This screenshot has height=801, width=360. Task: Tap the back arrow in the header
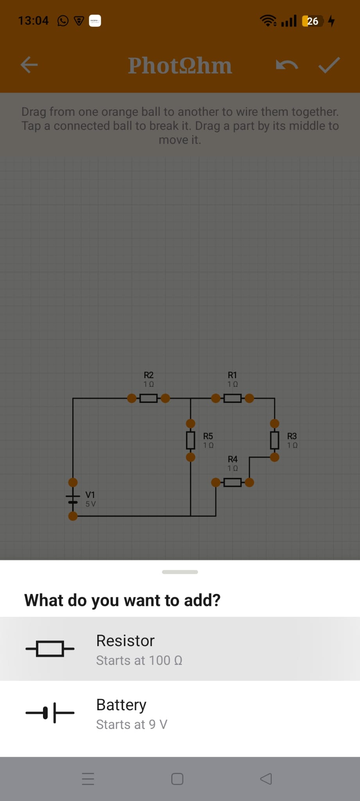click(29, 65)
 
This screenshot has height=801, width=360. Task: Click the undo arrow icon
click(287, 65)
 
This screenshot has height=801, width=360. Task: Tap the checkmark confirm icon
click(329, 65)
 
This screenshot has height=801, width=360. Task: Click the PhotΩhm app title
click(180, 65)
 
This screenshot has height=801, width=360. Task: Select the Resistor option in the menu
click(180, 649)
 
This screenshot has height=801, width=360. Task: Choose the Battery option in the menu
click(180, 713)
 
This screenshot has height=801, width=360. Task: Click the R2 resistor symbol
click(149, 399)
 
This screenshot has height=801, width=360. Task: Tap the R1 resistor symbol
click(233, 399)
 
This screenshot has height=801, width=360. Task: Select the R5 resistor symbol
click(190, 440)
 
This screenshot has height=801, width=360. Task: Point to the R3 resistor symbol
click(275, 440)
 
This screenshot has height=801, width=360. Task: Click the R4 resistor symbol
click(233, 482)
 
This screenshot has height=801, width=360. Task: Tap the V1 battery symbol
click(73, 499)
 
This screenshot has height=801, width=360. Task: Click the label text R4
click(233, 459)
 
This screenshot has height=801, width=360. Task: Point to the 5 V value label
click(91, 504)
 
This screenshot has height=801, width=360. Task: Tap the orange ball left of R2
click(132, 399)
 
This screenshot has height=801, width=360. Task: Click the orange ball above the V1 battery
click(73, 482)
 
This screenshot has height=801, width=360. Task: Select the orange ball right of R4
click(249, 482)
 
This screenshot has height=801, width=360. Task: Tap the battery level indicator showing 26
click(312, 21)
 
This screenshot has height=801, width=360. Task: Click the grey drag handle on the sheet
click(180, 572)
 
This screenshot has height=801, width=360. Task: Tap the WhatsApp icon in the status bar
click(63, 21)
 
